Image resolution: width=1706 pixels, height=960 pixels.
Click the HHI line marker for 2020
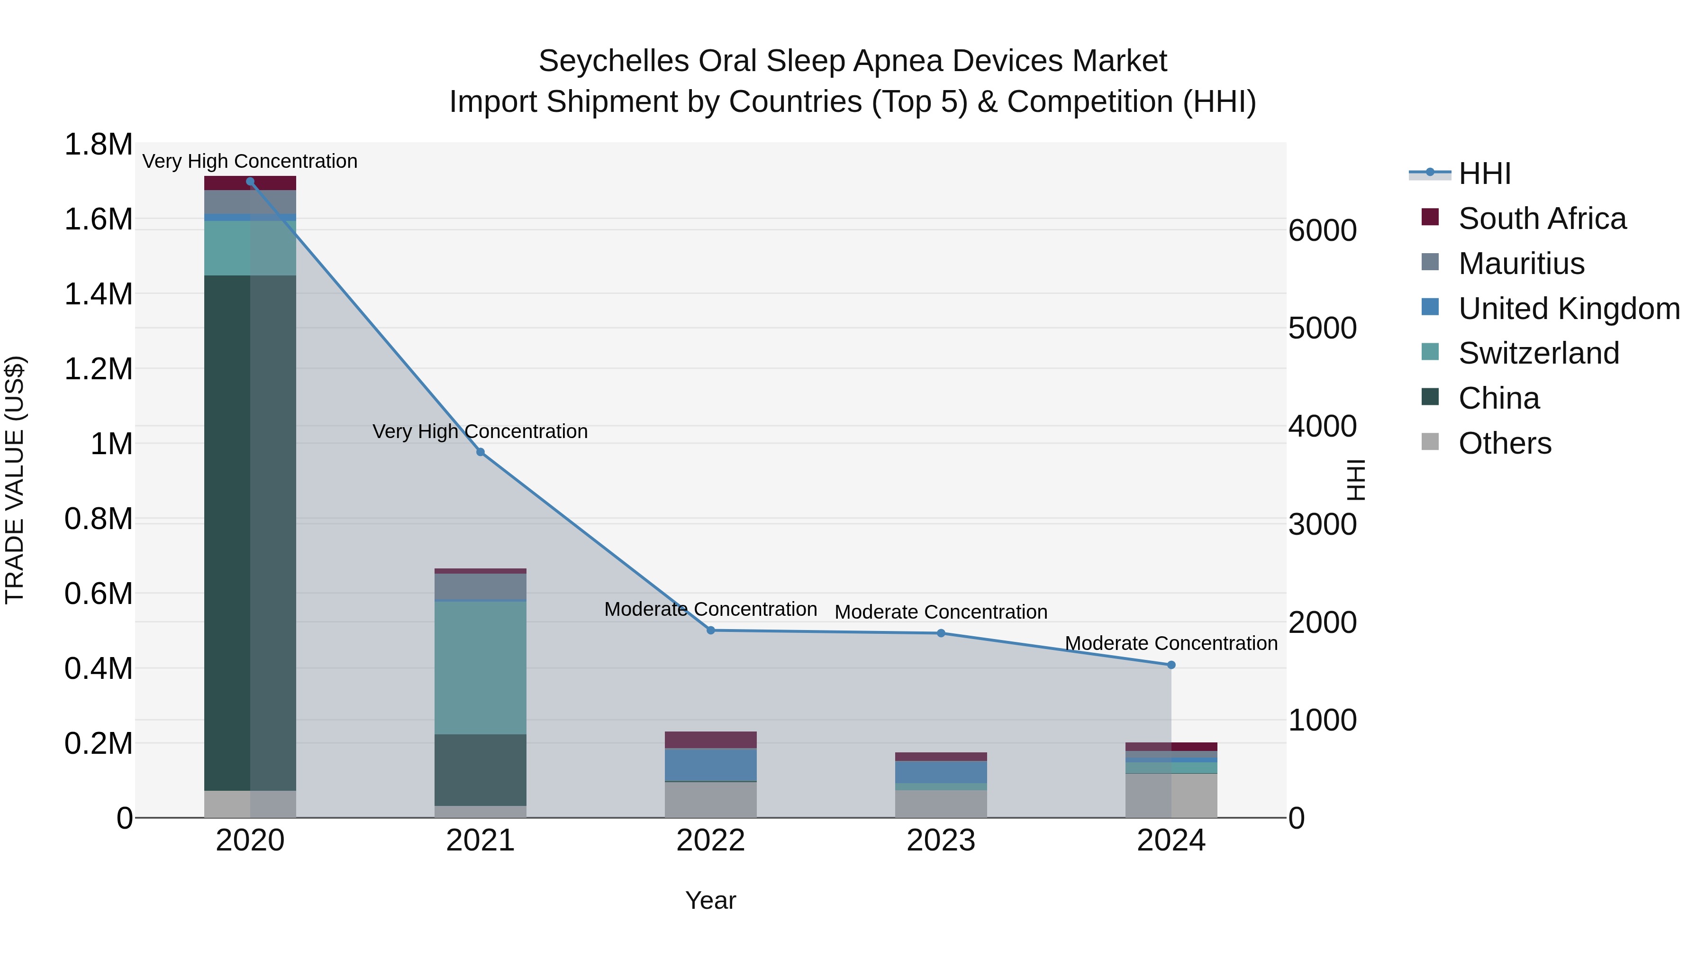(250, 182)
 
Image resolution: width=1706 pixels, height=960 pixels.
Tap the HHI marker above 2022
(711, 631)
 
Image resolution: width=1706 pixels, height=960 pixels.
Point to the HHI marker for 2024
(1171, 665)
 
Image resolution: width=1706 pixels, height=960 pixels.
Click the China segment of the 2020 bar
(250, 530)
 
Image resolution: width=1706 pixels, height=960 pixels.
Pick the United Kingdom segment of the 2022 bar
(711, 765)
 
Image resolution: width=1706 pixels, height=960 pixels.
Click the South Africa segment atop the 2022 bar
(711, 740)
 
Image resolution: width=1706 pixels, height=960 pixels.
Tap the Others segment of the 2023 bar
(941, 804)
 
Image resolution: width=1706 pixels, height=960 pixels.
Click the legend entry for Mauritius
(1521, 264)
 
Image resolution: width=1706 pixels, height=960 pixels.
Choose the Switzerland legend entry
(1538, 353)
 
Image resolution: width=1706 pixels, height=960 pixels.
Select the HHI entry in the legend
(1485, 174)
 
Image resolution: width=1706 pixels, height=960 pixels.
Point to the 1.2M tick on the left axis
(99, 369)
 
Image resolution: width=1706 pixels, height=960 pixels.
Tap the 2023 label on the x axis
(941, 841)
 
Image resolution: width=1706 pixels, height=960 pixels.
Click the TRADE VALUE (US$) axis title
(15, 480)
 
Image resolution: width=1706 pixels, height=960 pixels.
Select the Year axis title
(711, 900)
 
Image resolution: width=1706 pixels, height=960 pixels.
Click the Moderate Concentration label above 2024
(1171, 643)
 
